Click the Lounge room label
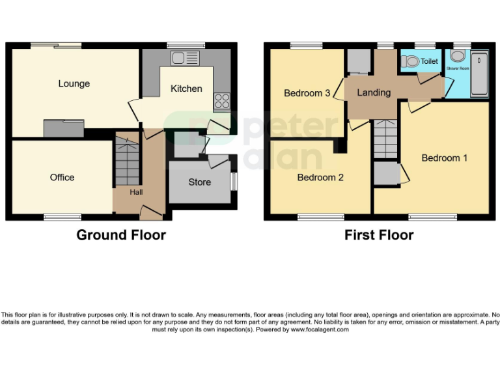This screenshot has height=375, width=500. click(x=74, y=83)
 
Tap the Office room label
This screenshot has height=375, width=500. click(x=62, y=177)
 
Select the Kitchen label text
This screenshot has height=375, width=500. click(x=186, y=89)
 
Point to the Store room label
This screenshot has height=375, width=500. click(x=199, y=182)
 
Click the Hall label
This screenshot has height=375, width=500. click(x=136, y=192)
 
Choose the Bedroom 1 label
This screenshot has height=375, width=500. click(x=444, y=158)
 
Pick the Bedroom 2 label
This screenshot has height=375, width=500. click(x=320, y=177)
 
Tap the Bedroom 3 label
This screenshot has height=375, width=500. click(x=307, y=93)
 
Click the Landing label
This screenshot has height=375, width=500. click(x=374, y=92)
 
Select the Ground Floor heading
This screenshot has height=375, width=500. click(x=121, y=235)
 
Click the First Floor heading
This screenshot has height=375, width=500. click(x=379, y=235)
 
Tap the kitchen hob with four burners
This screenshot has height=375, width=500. click(x=221, y=100)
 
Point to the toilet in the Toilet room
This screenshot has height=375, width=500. click(x=410, y=61)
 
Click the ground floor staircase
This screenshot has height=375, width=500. click(x=127, y=160)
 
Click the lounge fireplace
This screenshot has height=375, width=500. click(x=63, y=129)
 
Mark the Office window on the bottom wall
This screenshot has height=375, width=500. click(x=62, y=216)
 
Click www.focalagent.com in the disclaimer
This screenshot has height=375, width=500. click(x=319, y=329)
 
